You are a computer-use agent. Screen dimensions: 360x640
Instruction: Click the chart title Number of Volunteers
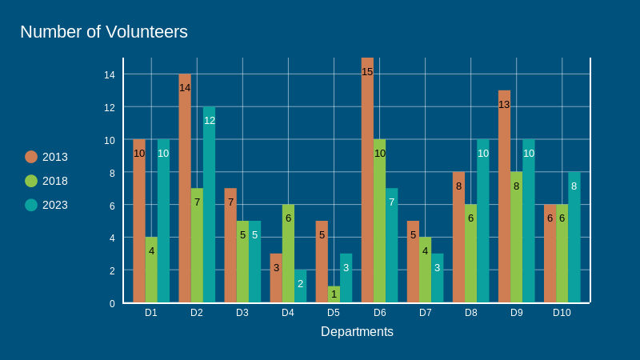[x=103, y=32]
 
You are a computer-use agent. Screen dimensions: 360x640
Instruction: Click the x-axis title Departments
[x=357, y=331]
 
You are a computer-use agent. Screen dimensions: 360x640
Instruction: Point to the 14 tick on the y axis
[x=110, y=74]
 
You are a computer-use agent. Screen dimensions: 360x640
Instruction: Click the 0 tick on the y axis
[x=112, y=303]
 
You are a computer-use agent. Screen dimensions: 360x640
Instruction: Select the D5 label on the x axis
[x=334, y=313]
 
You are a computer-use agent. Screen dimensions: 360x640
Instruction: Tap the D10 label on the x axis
[x=562, y=313]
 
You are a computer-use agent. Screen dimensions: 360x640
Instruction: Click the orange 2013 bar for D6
[x=367, y=181]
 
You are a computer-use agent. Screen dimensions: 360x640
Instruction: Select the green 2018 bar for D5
[x=334, y=294]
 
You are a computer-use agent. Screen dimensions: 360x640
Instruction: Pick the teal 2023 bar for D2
[x=209, y=205]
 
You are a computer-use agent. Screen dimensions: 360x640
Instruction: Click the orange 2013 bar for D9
[x=504, y=197]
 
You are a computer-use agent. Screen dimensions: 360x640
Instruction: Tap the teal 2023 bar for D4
[x=300, y=286]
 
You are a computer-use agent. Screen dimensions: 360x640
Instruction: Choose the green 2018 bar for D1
[x=151, y=270]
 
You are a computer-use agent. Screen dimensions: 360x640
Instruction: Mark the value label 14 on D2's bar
[x=185, y=88]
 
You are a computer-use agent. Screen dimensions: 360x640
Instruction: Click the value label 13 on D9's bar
[x=504, y=104]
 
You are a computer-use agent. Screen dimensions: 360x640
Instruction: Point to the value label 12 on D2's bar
[x=209, y=121]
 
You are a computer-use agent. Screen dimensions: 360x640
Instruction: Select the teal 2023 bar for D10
[x=574, y=238]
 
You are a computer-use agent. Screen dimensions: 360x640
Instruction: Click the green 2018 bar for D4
[x=288, y=254]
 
